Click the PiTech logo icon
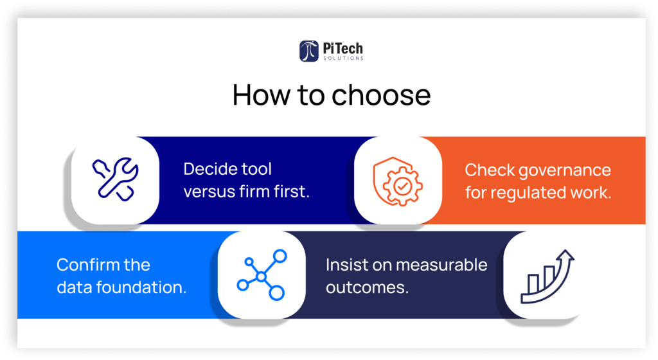pyautogui.click(x=309, y=51)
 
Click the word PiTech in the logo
pyautogui.click(x=343, y=49)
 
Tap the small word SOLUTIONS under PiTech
pyautogui.click(x=343, y=59)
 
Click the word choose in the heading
pyautogui.click(x=381, y=95)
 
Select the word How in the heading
pyautogui.click(x=261, y=95)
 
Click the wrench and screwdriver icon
pyautogui.click(x=116, y=179)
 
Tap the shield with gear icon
pyautogui.click(x=398, y=181)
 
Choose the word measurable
pyautogui.click(x=441, y=265)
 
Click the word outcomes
pyautogui.click(x=367, y=288)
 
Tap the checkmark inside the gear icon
pyautogui.click(x=402, y=185)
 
